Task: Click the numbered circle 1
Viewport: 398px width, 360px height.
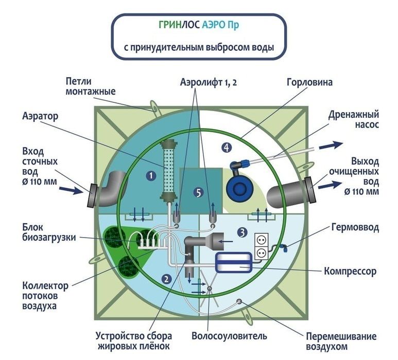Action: [x=151, y=175]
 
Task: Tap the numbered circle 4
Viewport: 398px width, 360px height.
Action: [x=227, y=147]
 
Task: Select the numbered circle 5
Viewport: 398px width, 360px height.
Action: [x=199, y=193]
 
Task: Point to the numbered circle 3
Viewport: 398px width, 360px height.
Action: [x=242, y=232]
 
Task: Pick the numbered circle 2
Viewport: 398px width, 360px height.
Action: [x=166, y=279]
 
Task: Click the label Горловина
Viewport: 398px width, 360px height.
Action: [x=309, y=82]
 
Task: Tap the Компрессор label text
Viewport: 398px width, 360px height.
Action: [x=350, y=271]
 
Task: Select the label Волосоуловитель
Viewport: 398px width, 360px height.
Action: [x=230, y=336]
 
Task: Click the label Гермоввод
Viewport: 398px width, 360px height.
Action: [x=355, y=227]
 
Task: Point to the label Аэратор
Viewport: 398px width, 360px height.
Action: [x=40, y=116]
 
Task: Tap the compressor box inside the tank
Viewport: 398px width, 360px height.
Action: [x=234, y=263]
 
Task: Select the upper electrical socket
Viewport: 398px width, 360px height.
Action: [x=262, y=240]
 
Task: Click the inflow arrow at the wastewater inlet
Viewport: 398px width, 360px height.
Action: [x=71, y=190]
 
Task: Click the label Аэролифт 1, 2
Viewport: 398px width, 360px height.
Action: [x=209, y=82]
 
